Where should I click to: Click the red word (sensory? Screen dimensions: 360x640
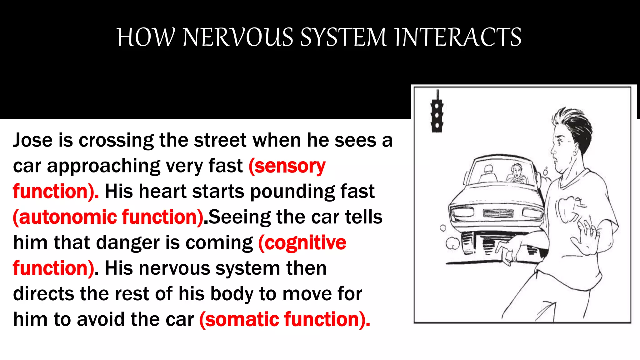pyautogui.click(x=287, y=166)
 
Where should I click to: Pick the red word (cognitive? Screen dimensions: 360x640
pyautogui.click(x=302, y=243)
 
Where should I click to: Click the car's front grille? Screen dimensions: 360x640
pyautogui.click(x=498, y=213)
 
